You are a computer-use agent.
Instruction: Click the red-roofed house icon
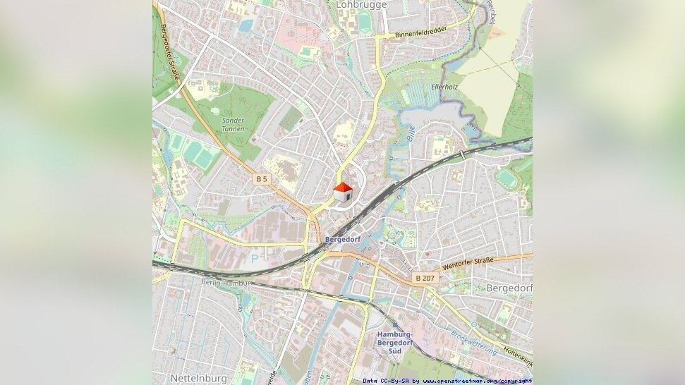343,192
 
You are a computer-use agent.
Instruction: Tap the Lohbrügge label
362,4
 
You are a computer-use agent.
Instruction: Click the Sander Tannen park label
233,125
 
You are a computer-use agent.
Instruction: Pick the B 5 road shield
262,179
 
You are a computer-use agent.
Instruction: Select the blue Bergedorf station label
343,240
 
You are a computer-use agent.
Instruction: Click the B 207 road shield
425,279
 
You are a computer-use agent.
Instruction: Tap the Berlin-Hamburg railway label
226,283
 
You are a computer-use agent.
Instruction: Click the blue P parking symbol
254,259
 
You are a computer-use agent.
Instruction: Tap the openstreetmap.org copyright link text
477,381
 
